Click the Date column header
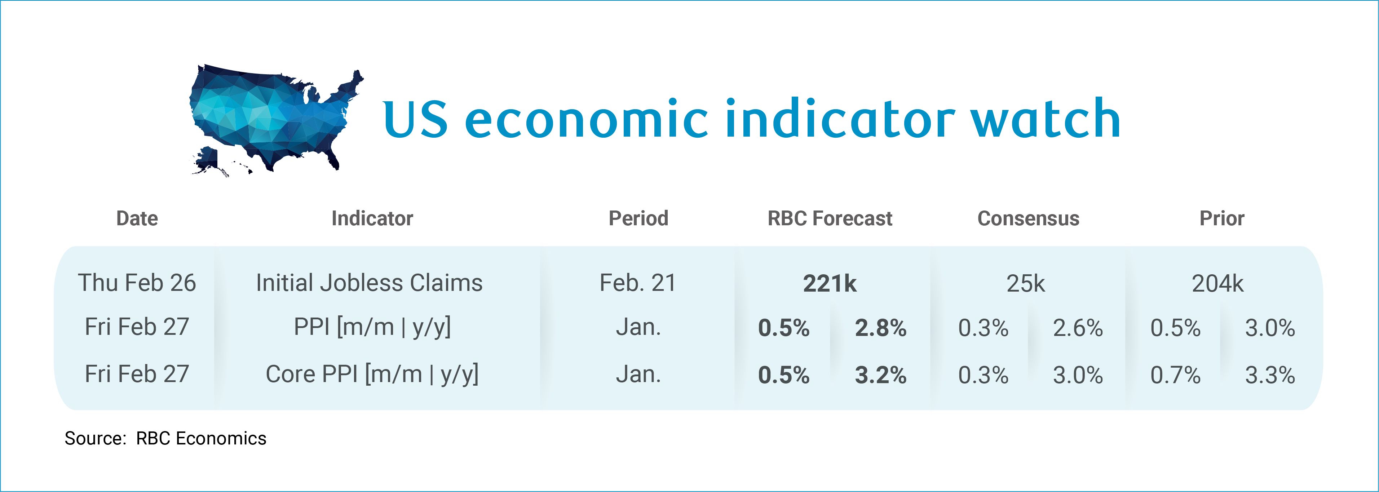click(137, 218)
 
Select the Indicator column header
click(372, 218)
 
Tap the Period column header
click(638, 218)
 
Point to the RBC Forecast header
click(830, 218)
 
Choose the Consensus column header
click(1028, 218)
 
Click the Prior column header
click(1221, 218)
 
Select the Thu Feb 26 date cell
click(137, 283)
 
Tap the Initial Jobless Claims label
click(370, 283)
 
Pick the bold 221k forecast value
click(830, 283)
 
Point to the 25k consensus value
click(1026, 283)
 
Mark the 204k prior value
click(1218, 283)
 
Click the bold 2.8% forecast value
click(881, 328)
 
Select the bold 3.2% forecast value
click(881, 375)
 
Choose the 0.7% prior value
click(1176, 375)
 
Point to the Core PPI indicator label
click(372, 374)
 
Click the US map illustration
click(276, 120)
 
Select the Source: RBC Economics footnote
click(165, 438)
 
